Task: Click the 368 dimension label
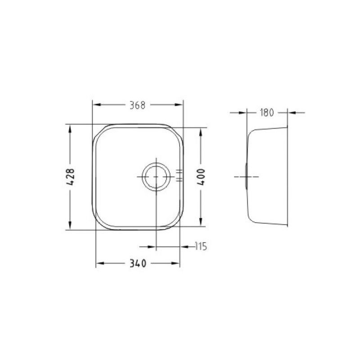point(138,105)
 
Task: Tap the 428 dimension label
point(71,177)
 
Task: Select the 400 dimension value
point(201,177)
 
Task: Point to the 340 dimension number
point(138,263)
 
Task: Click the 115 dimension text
point(201,247)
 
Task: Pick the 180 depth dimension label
point(267,112)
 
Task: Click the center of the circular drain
point(156,177)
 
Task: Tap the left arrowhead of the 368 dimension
point(97,105)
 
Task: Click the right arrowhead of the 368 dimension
point(178,105)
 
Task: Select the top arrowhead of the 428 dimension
point(70,129)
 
